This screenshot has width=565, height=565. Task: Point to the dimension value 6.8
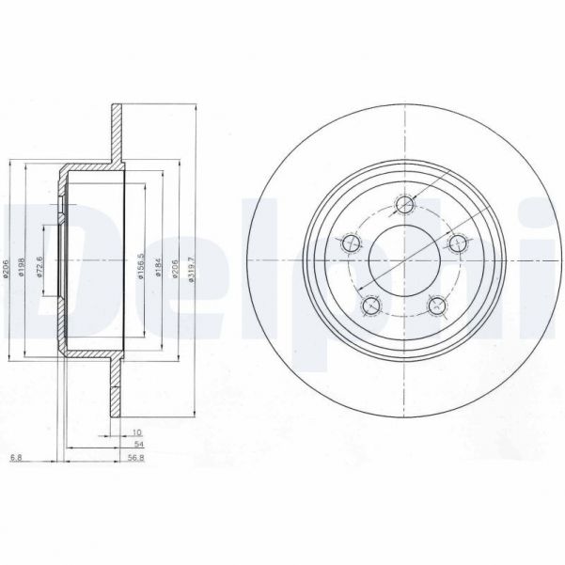(15, 459)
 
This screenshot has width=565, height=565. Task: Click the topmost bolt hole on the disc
(405, 204)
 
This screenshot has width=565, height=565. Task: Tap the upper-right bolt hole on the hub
(458, 243)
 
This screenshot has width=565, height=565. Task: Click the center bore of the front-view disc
(404, 260)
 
